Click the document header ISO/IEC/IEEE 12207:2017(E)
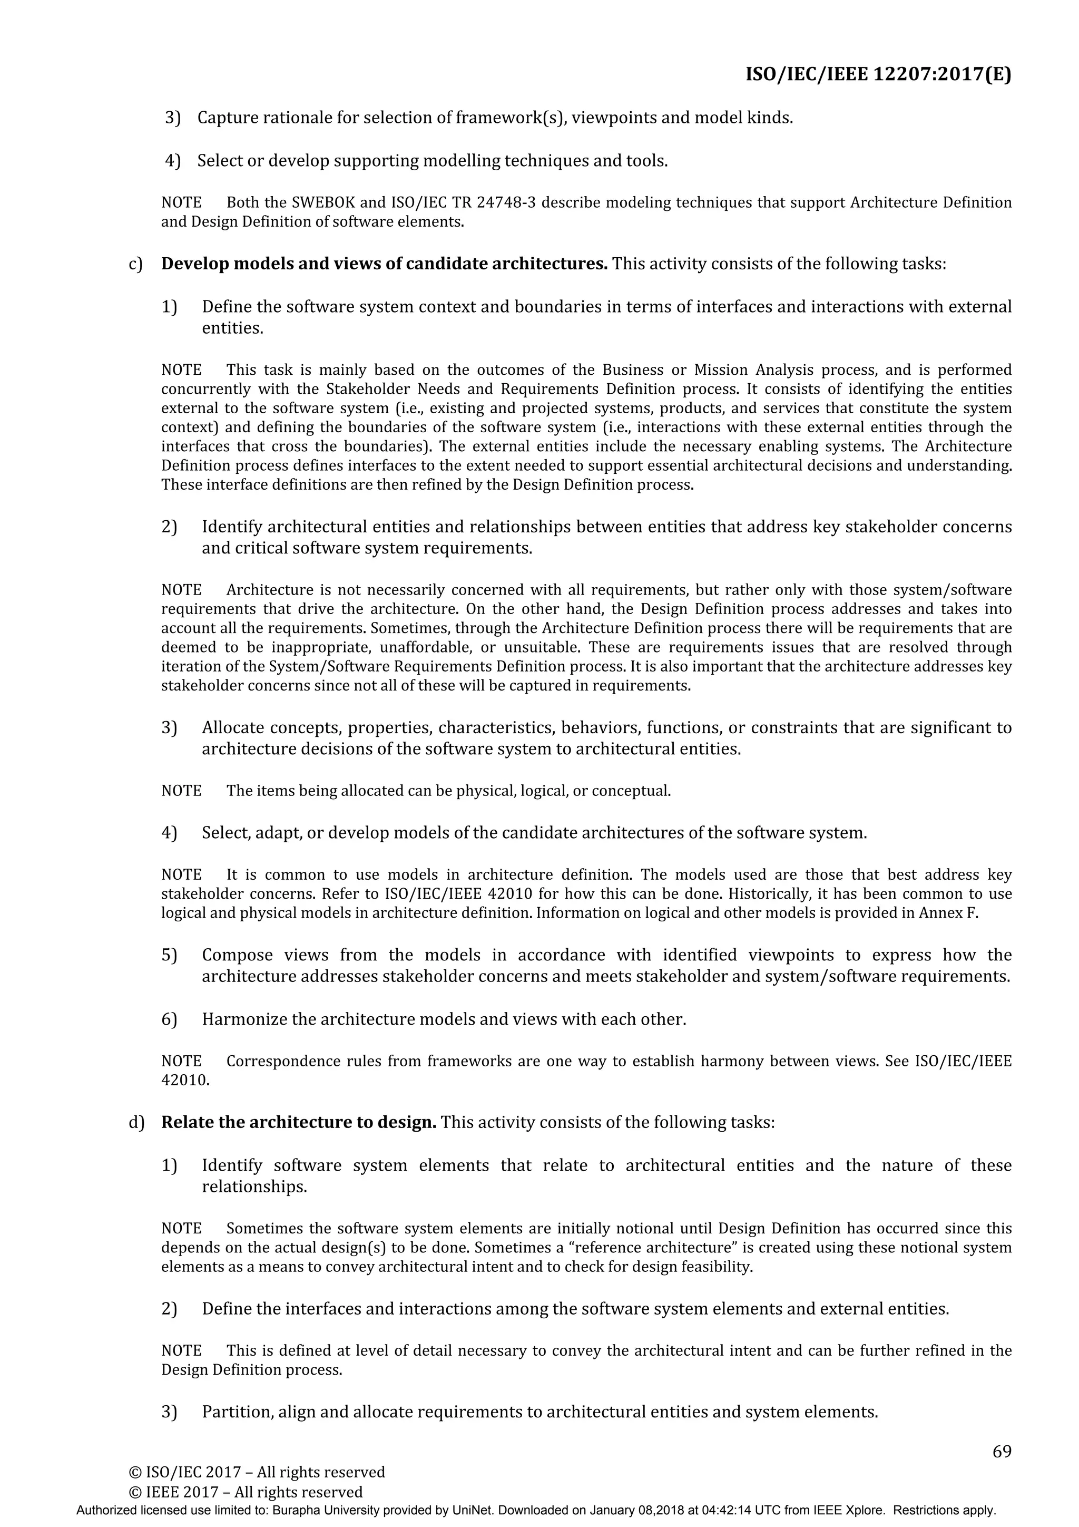pos(878,74)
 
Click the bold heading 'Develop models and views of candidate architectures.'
pos(384,264)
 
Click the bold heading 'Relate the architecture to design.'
pos(299,1123)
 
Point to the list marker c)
pos(135,264)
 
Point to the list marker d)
pos(135,1123)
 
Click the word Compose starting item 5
pos(237,956)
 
